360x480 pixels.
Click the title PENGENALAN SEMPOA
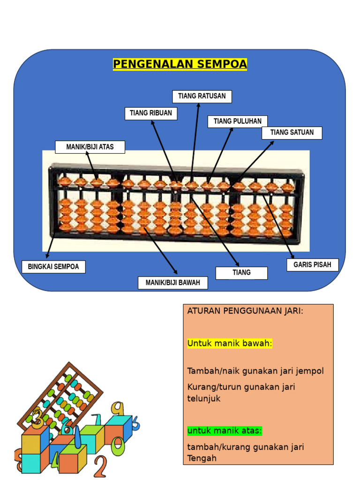(180, 64)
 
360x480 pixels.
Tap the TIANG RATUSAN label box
(202, 97)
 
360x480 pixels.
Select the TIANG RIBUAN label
(151, 113)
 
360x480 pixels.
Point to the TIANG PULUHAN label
(238, 121)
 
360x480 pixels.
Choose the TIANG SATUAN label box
(292, 133)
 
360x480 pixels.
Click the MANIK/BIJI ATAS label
(90, 147)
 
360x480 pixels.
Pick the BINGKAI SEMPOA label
(53, 267)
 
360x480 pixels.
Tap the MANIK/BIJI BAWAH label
(173, 283)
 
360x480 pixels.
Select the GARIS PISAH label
(312, 265)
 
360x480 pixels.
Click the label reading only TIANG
(241, 273)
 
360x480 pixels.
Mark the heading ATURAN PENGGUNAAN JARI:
(245, 311)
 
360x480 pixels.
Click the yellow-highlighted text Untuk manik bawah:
(230, 344)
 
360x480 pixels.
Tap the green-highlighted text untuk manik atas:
(225, 430)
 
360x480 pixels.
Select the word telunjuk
(204, 398)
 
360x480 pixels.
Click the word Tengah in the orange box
(202, 458)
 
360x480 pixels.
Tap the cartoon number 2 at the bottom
(100, 466)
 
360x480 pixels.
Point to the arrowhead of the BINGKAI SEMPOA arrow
(47, 256)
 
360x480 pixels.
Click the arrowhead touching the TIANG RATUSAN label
(199, 105)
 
